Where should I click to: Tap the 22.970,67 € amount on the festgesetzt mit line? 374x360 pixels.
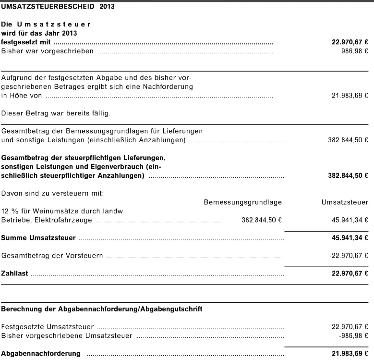point(350,43)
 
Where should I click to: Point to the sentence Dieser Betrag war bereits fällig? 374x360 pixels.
point(56,113)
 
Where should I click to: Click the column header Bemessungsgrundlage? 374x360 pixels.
point(242,202)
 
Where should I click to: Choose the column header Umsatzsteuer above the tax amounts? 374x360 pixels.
point(345,202)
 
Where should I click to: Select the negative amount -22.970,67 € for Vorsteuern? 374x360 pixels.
point(349,255)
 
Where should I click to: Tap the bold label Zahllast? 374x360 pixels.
point(15,273)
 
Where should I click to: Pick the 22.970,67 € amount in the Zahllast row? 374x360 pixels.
point(350,273)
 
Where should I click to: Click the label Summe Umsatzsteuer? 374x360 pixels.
point(38,237)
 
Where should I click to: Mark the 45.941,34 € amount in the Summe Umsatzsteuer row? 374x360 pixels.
point(350,237)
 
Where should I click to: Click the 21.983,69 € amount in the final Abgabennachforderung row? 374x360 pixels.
point(350,353)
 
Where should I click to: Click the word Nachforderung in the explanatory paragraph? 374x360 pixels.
point(166,87)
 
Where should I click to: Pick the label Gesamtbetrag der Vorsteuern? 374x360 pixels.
point(52,255)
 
